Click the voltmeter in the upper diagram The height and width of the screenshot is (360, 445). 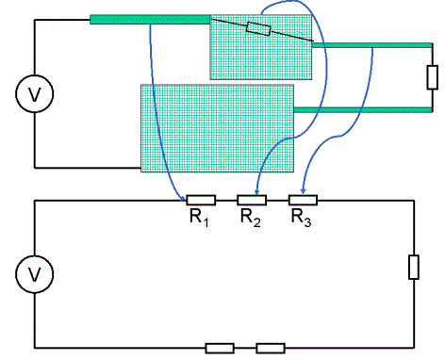point(35,93)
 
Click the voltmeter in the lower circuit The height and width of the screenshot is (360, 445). point(35,274)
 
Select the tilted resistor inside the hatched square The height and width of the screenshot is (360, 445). point(258,29)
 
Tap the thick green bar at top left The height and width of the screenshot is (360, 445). point(150,20)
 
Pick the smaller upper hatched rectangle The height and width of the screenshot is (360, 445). point(261,47)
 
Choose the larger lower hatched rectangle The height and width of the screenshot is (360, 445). point(217,128)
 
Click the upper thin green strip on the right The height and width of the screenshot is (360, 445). point(372,45)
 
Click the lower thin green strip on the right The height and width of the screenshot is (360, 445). point(363,110)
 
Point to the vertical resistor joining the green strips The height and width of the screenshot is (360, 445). point(433,77)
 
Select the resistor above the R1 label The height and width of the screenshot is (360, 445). point(201,200)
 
